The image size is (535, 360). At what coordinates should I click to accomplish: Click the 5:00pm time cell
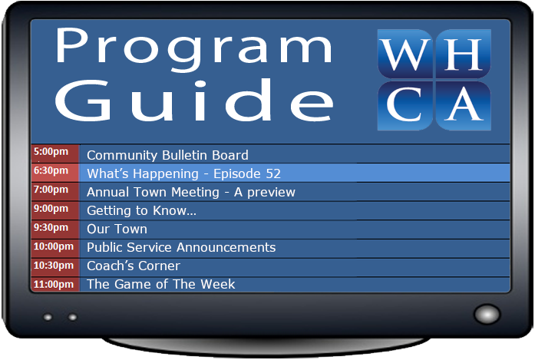[54, 154]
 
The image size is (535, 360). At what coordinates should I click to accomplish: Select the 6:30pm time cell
[54, 172]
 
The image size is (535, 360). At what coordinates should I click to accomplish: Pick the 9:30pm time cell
[54, 229]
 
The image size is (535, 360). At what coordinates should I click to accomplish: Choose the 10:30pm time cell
[54, 266]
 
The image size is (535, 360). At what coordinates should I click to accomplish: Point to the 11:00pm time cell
[54, 284]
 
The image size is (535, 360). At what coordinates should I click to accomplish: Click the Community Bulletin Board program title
[167, 155]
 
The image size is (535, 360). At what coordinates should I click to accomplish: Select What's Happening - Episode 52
[183, 173]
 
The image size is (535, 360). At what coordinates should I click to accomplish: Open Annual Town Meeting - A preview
[190, 192]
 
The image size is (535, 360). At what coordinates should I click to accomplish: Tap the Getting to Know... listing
[141, 210]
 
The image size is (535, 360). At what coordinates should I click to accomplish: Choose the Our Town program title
[117, 229]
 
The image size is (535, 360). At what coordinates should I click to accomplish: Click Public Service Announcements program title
[181, 247]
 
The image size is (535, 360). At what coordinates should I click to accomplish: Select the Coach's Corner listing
[134, 266]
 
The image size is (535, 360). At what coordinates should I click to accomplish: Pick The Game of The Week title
[161, 284]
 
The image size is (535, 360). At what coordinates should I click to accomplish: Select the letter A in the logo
[463, 104]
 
